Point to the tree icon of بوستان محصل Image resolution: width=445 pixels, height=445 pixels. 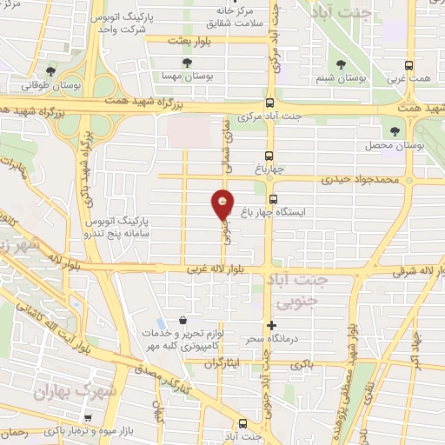coord(396,131)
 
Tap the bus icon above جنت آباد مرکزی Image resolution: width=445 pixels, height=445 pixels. coord(269,102)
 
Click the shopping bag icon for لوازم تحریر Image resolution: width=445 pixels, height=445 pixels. coord(182,320)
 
